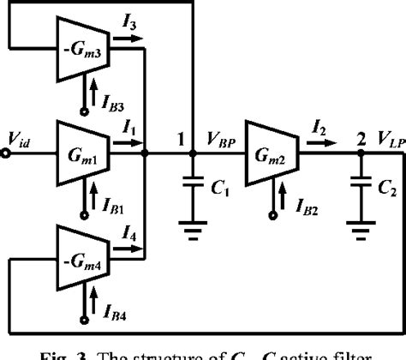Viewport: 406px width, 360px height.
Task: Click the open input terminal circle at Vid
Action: point(7,155)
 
